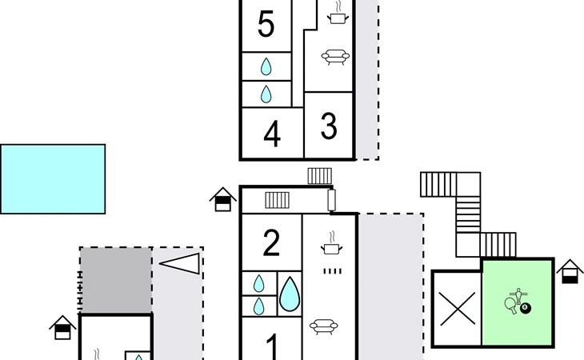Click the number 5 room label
point(266,25)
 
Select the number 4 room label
point(272,134)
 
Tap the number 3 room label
point(329,126)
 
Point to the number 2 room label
point(272,243)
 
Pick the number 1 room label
point(272,348)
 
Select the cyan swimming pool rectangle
point(53,178)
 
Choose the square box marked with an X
point(458,309)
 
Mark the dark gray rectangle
point(115,280)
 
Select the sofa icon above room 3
point(334,56)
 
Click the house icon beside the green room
point(570,272)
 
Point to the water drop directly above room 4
point(266,95)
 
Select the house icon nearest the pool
point(222,200)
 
